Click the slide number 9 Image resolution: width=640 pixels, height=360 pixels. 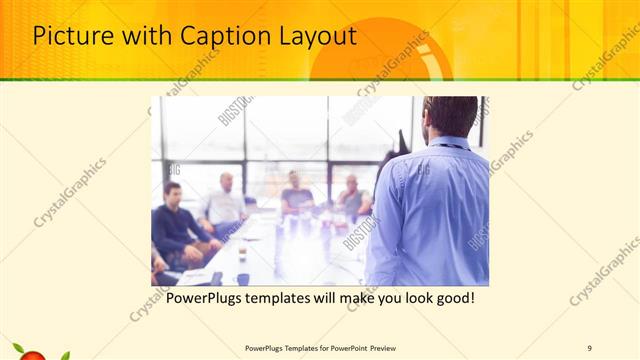589,348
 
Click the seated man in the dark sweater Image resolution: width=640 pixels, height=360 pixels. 176,225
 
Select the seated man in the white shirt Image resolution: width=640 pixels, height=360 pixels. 226,205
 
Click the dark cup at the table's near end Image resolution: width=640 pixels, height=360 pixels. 243,279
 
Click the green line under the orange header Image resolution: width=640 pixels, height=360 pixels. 320,80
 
